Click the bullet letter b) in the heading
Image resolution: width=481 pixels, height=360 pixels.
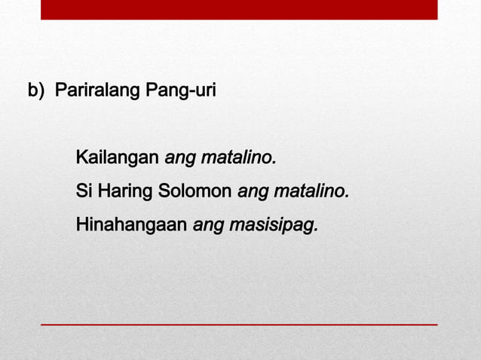point(35,92)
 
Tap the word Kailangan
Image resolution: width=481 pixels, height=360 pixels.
point(118,159)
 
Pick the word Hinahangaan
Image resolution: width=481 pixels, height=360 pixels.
point(131,224)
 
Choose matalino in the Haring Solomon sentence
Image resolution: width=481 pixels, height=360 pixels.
point(311,191)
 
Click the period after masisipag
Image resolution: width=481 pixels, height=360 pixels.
point(315,229)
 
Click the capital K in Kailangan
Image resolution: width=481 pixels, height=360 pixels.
point(81,159)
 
